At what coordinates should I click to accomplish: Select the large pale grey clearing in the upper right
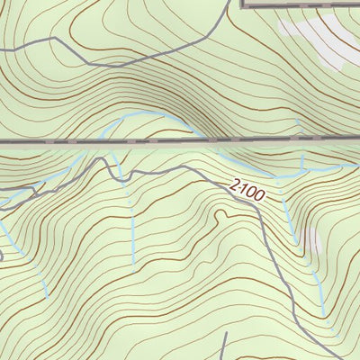click(x=315, y=40)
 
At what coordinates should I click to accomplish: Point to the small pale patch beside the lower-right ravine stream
click(x=312, y=239)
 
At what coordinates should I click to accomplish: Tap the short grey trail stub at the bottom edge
click(x=222, y=346)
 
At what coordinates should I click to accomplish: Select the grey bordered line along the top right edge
click(x=301, y=4)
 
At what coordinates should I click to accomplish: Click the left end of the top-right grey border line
click(x=245, y=4)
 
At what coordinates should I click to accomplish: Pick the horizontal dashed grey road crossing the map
click(x=180, y=141)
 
